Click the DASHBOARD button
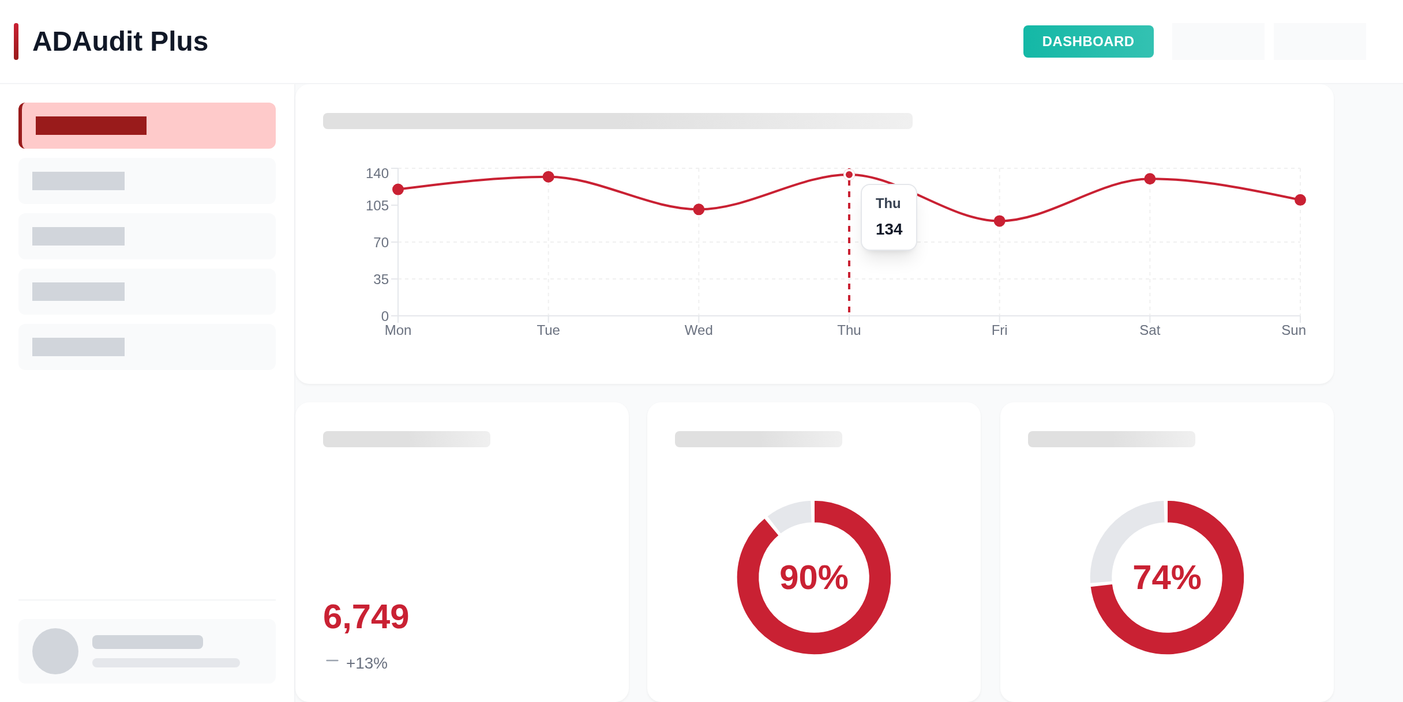click(x=1088, y=41)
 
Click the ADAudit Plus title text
click(x=120, y=41)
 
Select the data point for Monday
click(x=398, y=189)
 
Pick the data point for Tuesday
click(x=549, y=177)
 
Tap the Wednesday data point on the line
click(x=699, y=209)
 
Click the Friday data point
click(x=1000, y=221)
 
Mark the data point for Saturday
click(x=1150, y=179)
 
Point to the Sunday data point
click(x=1300, y=200)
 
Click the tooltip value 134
click(x=889, y=229)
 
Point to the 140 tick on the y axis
click(x=377, y=173)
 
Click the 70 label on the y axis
click(x=381, y=243)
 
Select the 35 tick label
click(x=381, y=280)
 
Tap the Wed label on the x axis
click(x=699, y=330)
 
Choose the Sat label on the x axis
click(x=1150, y=330)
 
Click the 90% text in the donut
click(x=814, y=578)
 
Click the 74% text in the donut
click(x=1167, y=578)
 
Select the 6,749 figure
click(x=366, y=617)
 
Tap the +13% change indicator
click(x=366, y=663)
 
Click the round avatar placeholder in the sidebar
click(x=55, y=651)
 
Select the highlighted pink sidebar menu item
click(x=147, y=126)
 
